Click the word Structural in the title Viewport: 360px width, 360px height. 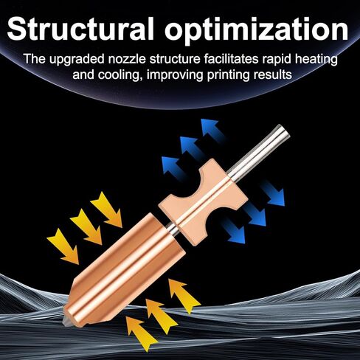(80, 29)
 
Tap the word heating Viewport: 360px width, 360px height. (316, 60)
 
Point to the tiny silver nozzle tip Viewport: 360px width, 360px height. (66, 322)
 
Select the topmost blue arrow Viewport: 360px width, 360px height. (212, 128)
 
